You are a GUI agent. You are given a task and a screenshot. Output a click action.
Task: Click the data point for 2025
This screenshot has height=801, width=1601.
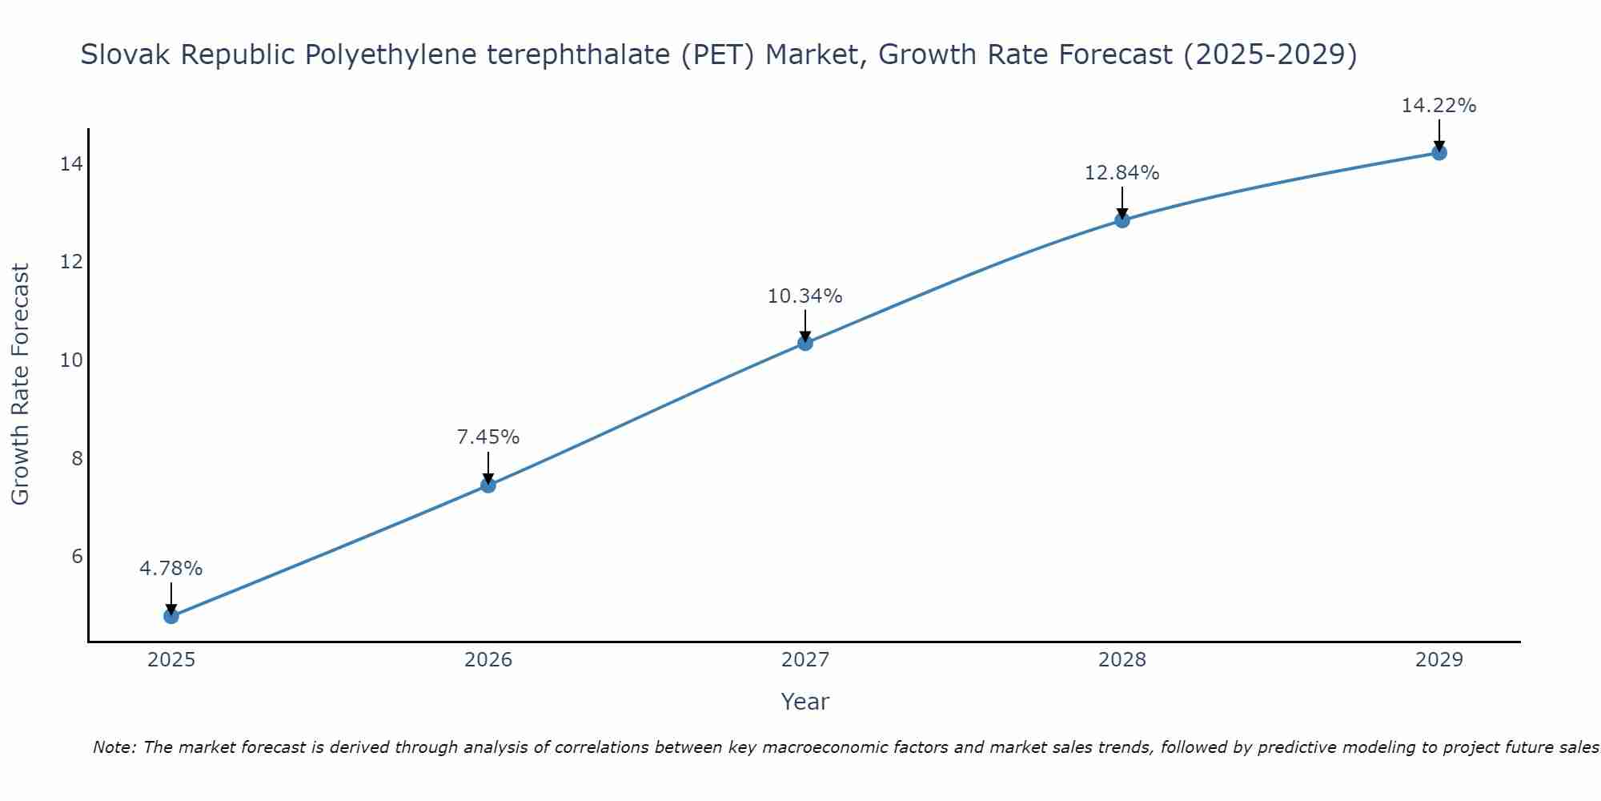(x=171, y=616)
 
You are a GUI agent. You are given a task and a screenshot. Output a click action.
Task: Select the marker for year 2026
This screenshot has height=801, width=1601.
(x=488, y=485)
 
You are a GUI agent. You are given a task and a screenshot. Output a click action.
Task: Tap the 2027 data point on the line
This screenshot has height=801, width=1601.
(x=805, y=343)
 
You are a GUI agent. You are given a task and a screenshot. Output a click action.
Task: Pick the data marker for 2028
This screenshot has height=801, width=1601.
(x=1122, y=220)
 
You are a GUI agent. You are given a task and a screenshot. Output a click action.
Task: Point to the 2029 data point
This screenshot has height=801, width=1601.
(x=1439, y=152)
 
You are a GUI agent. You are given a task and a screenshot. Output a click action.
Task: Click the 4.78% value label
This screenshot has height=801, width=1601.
(x=171, y=569)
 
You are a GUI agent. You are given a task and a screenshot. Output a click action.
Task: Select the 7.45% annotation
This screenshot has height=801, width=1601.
(x=488, y=437)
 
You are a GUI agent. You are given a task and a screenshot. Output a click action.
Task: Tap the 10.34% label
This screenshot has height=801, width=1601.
(x=805, y=296)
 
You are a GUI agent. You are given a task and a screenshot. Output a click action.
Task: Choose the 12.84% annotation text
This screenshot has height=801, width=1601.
(x=1122, y=173)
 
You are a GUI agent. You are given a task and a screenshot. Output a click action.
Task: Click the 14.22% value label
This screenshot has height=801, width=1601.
(x=1439, y=106)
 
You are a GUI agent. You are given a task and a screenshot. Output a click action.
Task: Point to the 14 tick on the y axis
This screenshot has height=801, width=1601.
(x=71, y=164)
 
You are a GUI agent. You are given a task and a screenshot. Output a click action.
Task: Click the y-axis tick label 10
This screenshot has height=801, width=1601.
(x=71, y=360)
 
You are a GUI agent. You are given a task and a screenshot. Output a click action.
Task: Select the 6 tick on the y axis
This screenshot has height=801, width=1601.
(x=77, y=557)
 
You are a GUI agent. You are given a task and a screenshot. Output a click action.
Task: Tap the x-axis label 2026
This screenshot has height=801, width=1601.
(x=488, y=660)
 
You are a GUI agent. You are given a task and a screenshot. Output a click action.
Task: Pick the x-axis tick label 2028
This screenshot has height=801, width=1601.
(x=1122, y=660)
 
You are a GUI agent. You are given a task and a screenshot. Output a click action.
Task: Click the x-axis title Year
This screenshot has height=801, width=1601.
(x=805, y=702)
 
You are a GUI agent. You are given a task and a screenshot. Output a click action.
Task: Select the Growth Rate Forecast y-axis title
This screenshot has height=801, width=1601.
(x=21, y=384)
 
